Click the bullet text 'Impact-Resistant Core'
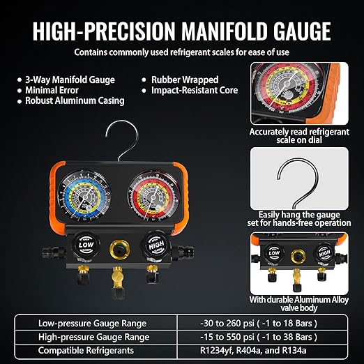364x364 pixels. pyautogui.click(x=197, y=90)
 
